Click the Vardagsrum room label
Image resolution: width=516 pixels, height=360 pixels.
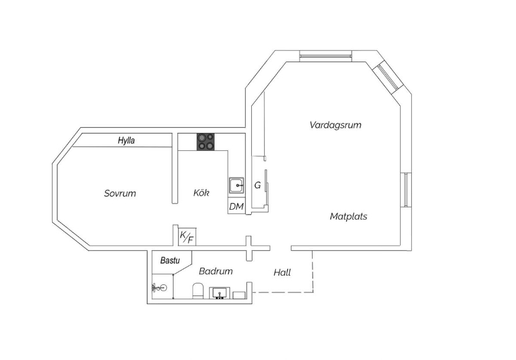pyautogui.click(x=336, y=125)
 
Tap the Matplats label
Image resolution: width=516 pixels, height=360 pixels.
pyautogui.click(x=349, y=217)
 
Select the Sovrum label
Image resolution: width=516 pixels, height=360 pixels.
pyautogui.click(x=120, y=193)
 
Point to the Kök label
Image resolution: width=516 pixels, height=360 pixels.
pyautogui.click(x=201, y=192)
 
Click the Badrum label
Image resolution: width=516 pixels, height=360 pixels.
pyautogui.click(x=216, y=271)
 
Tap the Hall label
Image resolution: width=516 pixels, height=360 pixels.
pyautogui.click(x=282, y=272)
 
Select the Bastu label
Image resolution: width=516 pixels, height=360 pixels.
pyautogui.click(x=170, y=261)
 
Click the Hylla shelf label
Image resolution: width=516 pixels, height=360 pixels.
pyautogui.click(x=127, y=141)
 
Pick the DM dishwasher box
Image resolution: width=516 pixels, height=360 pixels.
pyautogui.click(x=236, y=206)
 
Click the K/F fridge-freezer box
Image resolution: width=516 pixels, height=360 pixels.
pyautogui.click(x=187, y=236)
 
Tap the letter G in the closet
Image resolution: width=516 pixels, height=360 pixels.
pyautogui.click(x=257, y=186)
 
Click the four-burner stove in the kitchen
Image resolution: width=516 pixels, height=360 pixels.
pyautogui.click(x=206, y=142)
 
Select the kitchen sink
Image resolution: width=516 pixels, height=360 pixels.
pyautogui.click(x=237, y=186)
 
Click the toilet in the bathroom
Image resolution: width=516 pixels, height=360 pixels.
pyautogui.click(x=198, y=291)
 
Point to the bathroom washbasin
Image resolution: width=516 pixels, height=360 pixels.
pyautogui.click(x=220, y=293)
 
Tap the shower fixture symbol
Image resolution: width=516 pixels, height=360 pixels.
pyautogui.click(x=159, y=288)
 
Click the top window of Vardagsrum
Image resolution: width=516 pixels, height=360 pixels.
pyautogui.click(x=326, y=56)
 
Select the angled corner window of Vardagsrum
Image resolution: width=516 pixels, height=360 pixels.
pyautogui.click(x=388, y=76)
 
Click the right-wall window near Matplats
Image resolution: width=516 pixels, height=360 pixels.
pyautogui.click(x=406, y=190)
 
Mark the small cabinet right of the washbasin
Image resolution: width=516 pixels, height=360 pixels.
pyautogui.click(x=239, y=295)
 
